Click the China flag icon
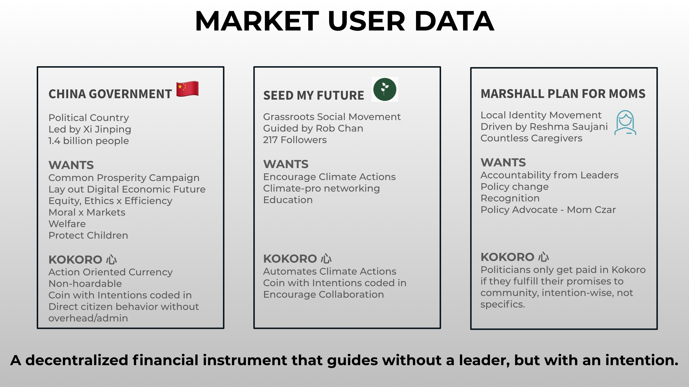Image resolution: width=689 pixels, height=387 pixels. (187, 89)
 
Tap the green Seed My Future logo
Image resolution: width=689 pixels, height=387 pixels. (385, 89)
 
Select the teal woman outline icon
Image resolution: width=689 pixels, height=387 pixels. (625, 123)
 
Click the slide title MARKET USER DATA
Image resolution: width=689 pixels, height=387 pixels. (344, 21)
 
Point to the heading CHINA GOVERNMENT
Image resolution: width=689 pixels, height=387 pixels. (110, 94)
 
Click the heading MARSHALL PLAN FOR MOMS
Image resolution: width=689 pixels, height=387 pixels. (563, 94)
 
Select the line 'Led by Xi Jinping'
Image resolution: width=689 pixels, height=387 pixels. (90, 129)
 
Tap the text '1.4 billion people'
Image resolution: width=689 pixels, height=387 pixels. (89, 141)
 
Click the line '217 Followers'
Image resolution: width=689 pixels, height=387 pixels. (295, 140)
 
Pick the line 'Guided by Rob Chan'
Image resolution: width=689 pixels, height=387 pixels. (313, 128)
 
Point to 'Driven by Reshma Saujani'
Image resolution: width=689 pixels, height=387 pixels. (544, 127)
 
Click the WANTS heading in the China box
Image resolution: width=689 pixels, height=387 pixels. (71, 165)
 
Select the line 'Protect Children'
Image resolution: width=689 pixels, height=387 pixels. (88, 235)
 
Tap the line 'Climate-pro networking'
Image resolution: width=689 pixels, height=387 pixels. (321, 188)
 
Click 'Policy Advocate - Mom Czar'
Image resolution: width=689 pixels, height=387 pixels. (548, 210)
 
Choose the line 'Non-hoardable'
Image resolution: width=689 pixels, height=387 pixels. (85, 284)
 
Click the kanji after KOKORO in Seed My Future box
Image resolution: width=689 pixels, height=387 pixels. (326, 259)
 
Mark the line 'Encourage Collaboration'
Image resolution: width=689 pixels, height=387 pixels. (323, 295)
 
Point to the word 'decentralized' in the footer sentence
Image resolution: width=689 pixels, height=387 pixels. (77, 360)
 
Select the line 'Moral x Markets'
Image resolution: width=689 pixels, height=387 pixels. (87, 212)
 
